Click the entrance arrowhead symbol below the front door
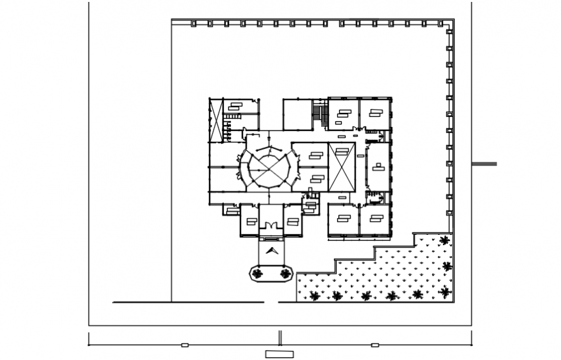tap(271, 251)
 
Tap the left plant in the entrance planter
tap(258, 274)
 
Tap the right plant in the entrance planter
tap(285, 274)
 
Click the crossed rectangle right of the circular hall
tap(341, 168)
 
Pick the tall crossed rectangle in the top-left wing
tap(215, 120)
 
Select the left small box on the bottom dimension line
tap(184, 345)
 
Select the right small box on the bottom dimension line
tap(375, 345)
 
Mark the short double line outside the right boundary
tap(484, 164)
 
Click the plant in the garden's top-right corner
tap(444, 241)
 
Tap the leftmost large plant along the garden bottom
tap(315, 296)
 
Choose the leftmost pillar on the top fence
tap(193, 24)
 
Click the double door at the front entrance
tap(271, 225)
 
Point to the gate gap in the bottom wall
tap(271, 302)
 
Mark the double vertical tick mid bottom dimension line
tap(280, 338)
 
